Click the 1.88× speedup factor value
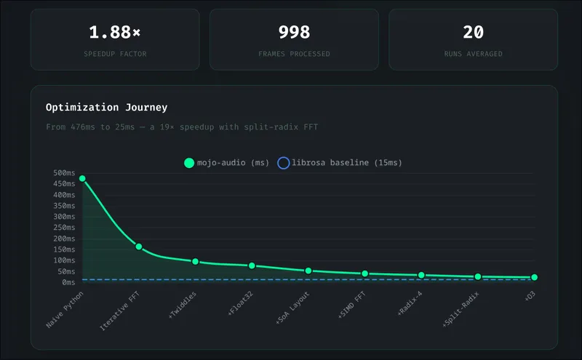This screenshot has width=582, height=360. coord(114,33)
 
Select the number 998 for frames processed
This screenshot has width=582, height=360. coord(294,33)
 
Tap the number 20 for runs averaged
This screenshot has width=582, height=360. coord(473,33)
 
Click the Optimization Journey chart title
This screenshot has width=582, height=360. coord(106,108)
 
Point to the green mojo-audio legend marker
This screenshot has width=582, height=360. coord(189,163)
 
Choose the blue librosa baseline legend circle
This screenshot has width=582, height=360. coord(284,163)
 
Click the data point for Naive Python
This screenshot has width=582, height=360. coord(82,178)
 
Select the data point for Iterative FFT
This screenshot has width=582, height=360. coord(139,247)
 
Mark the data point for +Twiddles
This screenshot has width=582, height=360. coord(196,261)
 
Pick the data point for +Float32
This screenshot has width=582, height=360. coord(252,265)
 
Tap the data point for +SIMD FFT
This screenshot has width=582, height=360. coord(364,273)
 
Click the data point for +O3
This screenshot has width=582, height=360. coord(534,277)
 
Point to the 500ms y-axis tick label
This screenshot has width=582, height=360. coord(64,173)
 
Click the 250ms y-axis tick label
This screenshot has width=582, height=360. coord(64,228)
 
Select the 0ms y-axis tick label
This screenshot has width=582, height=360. coord(68,282)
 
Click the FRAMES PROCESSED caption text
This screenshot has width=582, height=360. coord(294,54)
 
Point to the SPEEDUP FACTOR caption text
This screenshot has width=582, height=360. coord(114,54)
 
